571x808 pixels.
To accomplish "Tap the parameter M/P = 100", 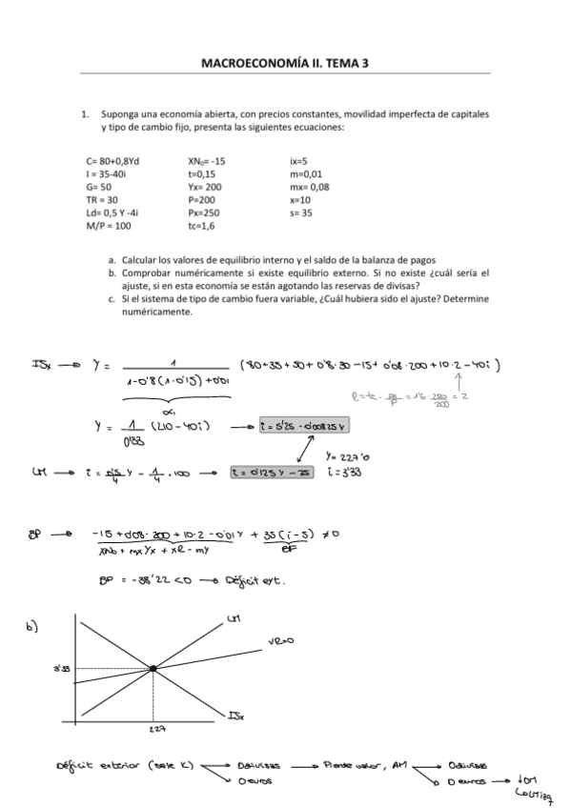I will tap(108, 228).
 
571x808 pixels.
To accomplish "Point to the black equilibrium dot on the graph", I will tap(153, 669).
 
